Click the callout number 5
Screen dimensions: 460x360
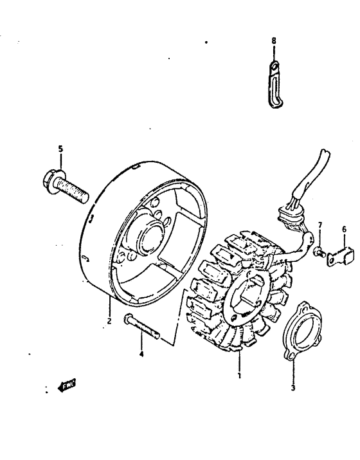[61, 149]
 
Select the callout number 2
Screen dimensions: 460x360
[109, 320]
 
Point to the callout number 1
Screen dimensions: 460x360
[239, 375]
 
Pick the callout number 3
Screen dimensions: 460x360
[292, 388]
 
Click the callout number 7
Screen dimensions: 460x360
[320, 225]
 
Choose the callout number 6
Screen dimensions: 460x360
[344, 229]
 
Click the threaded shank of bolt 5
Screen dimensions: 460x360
[74, 190]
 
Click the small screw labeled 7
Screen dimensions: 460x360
[318, 252]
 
